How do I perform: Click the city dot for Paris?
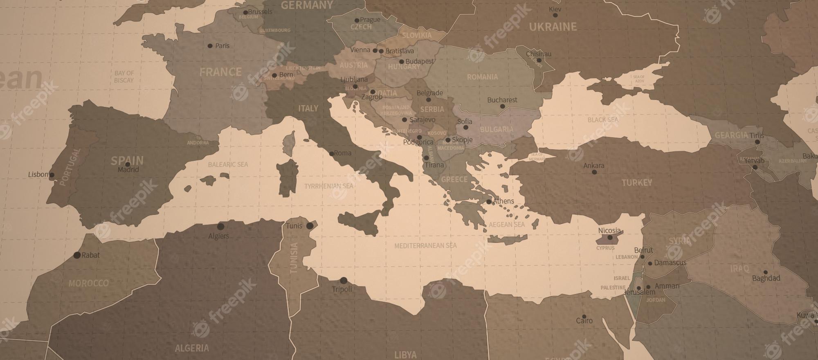[x=210, y=46]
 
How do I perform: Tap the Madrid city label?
[x=128, y=170]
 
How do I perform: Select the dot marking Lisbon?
[x=52, y=175]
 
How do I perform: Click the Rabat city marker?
[x=77, y=255]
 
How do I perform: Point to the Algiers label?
[x=219, y=236]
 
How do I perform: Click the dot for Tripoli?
[x=344, y=281]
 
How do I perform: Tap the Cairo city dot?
[x=584, y=317]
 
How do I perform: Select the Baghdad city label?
[x=766, y=278]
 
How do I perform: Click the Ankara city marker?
[x=594, y=172]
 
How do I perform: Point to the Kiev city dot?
[x=555, y=16]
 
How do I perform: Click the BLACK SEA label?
[x=603, y=120]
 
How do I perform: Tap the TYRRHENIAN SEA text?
[x=328, y=186]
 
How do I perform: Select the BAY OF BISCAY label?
[x=124, y=76]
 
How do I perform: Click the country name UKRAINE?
[x=553, y=27]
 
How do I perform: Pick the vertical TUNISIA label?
[x=294, y=258]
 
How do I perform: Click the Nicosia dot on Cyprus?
[x=610, y=237]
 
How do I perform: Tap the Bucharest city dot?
[x=503, y=106]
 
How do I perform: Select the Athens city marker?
[x=489, y=202]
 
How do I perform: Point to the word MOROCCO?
[x=88, y=283]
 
